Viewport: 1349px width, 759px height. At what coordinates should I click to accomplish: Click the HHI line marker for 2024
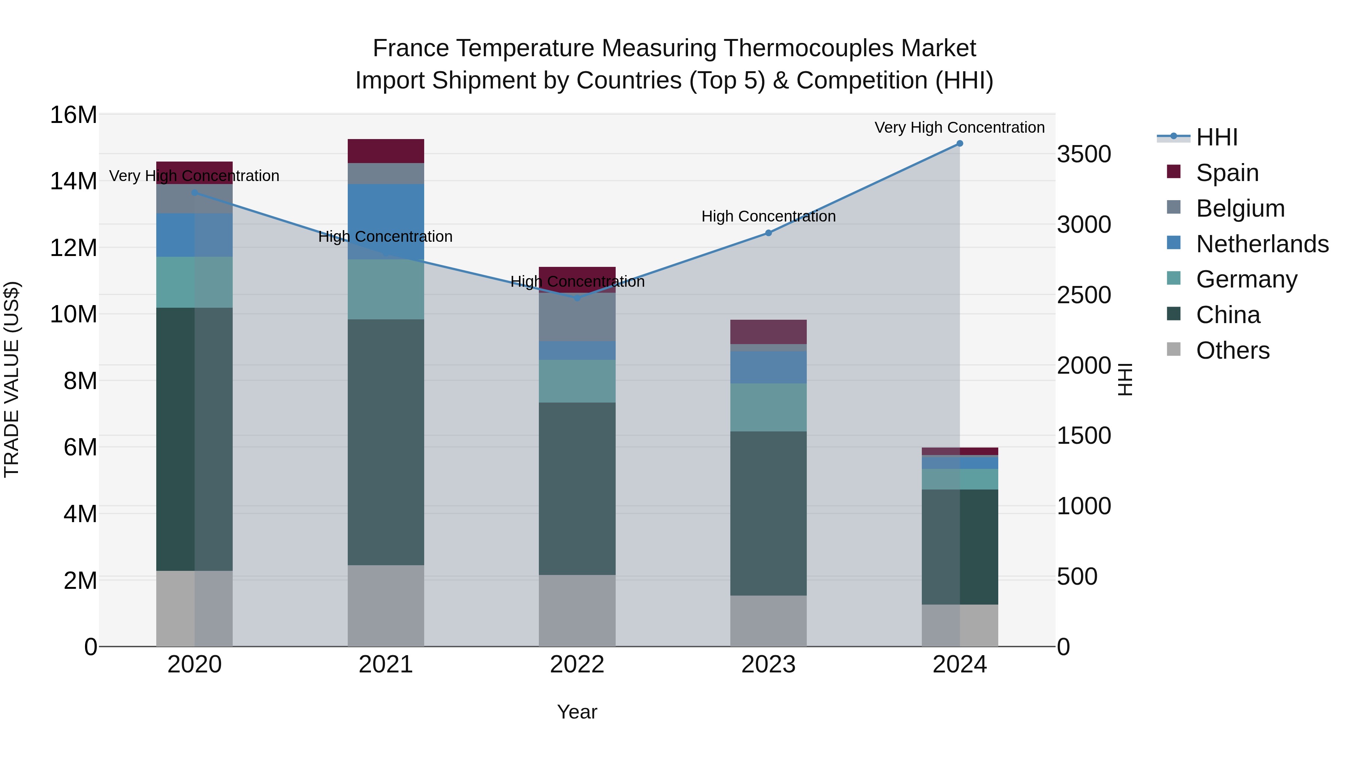(959, 144)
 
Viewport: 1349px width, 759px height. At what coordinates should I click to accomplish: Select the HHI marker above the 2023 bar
(768, 233)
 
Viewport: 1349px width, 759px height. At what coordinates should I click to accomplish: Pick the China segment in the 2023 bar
(768, 513)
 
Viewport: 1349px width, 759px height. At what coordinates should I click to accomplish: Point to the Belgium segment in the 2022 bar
(577, 317)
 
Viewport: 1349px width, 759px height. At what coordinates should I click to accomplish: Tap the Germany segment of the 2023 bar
(768, 407)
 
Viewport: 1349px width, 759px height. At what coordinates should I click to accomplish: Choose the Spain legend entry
(1227, 172)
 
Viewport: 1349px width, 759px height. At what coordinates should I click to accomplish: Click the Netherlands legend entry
(1262, 244)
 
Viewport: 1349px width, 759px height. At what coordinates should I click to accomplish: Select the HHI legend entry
(1216, 137)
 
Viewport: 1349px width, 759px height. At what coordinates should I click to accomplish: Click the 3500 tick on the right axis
(1083, 154)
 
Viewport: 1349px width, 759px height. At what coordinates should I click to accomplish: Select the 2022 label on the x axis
(577, 665)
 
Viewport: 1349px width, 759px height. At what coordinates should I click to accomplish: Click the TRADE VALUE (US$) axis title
(12, 379)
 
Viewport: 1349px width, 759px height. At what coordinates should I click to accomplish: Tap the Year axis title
(577, 712)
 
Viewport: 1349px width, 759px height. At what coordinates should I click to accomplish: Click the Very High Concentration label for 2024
(959, 127)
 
